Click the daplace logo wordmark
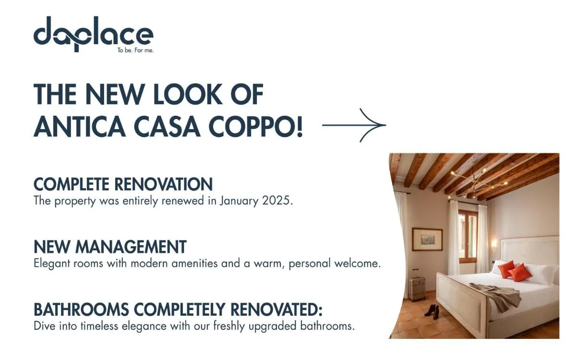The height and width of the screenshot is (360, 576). (93, 35)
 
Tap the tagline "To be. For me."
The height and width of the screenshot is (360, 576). (135, 50)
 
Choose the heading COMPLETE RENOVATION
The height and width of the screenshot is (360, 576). (123, 184)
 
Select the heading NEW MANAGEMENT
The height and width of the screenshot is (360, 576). (110, 247)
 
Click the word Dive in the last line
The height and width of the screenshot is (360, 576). (44, 326)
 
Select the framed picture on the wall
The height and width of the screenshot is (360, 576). (427, 239)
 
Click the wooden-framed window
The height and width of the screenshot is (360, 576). (468, 235)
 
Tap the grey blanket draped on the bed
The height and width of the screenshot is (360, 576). (497, 294)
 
